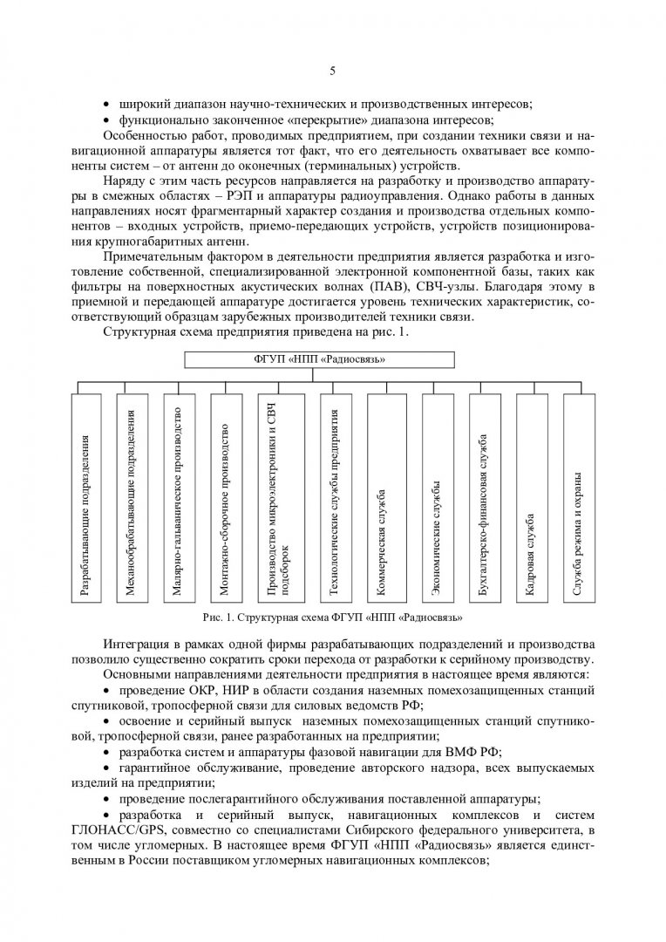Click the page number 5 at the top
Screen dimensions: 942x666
click(x=333, y=71)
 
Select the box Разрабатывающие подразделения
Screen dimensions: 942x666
click(x=85, y=497)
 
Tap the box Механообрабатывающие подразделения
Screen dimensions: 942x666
click(x=132, y=497)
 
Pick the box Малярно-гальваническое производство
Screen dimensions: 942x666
click(x=178, y=497)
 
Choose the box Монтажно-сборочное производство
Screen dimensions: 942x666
click(x=225, y=497)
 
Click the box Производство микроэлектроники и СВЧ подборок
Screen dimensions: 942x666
click(x=278, y=497)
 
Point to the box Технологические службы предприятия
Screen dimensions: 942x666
click(x=333, y=497)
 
